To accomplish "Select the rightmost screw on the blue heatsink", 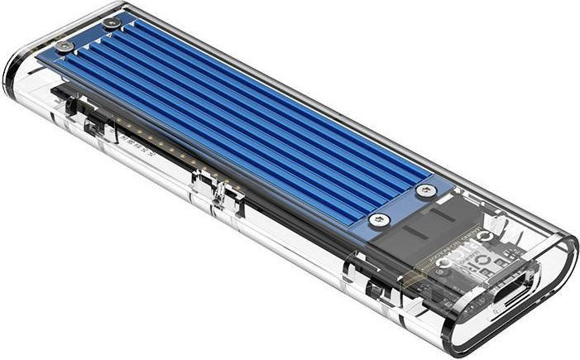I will point(426,191).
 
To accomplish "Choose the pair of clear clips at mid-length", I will point(210,185).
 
